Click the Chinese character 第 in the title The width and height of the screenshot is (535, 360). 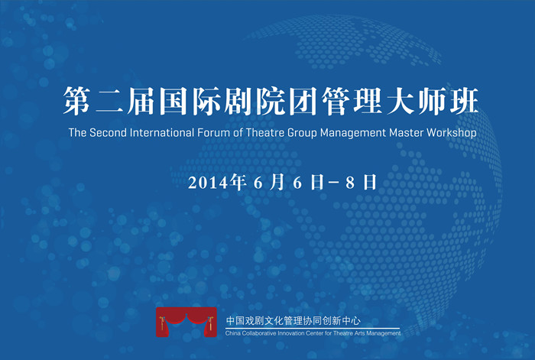[76, 100]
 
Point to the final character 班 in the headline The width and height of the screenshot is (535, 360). [464, 101]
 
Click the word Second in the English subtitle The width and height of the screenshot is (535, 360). [108, 132]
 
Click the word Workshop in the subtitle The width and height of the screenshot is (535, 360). [452, 133]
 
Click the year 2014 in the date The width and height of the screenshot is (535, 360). [208, 183]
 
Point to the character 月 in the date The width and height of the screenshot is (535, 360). [277, 182]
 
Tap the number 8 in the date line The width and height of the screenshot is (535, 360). [350, 183]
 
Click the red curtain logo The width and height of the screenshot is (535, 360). [186, 322]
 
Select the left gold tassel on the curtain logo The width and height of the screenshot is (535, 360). [162, 323]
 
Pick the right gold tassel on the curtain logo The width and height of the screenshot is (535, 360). [211, 323]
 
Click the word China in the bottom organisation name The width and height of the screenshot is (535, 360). [232, 333]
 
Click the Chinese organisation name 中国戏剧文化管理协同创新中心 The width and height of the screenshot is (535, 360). [293, 321]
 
